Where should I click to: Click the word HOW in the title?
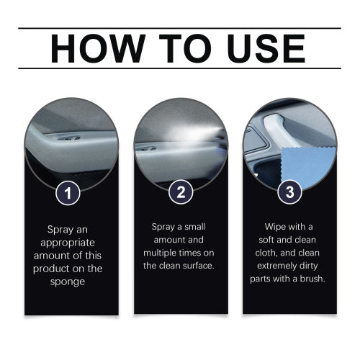click(x=98, y=48)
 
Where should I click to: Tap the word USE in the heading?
click(x=266, y=48)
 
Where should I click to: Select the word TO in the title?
click(x=185, y=48)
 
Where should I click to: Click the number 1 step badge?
click(x=68, y=193)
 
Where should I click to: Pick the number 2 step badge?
click(x=181, y=192)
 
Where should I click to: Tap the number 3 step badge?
click(x=289, y=192)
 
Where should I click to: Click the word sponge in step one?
click(x=68, y=282)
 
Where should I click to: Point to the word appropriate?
click(x=68, y=243)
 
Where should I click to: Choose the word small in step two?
click(x=194, y=227)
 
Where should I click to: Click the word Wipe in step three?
click(x=275, y=227)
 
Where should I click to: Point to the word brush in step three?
click(x=312, y=279)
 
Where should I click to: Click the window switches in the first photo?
click(x=70, y=138)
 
